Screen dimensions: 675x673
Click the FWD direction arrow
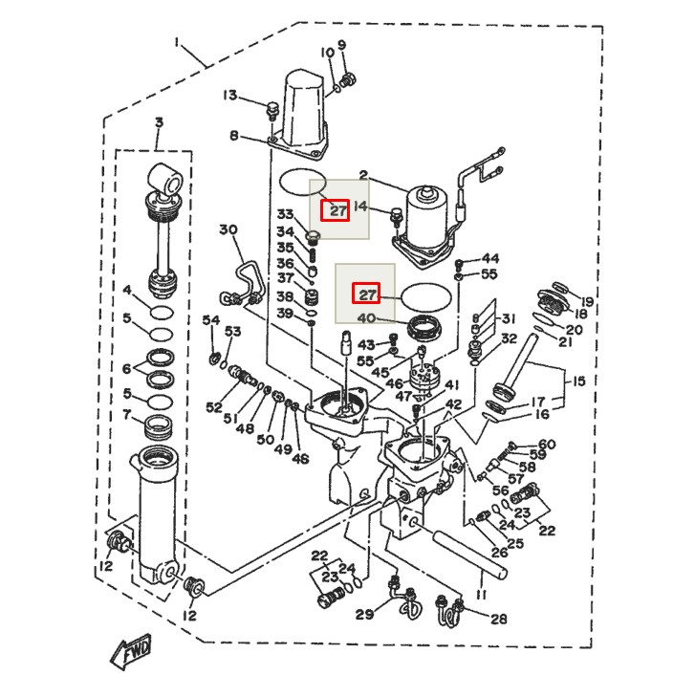point(133,653)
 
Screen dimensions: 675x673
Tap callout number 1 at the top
point(177,41)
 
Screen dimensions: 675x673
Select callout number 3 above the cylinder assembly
point(159,122)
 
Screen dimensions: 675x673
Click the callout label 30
point(228,229)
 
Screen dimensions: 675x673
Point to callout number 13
point(230,95)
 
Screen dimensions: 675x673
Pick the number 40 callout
point(367,317)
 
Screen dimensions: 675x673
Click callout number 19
point(585,302)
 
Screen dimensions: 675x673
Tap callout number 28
point(498,619)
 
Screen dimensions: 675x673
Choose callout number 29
point(364,614)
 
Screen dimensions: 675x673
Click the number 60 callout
point(546,444)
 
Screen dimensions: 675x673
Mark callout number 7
point(127,415)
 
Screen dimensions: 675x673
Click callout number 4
point(127,290)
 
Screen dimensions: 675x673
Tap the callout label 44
point(489,258)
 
